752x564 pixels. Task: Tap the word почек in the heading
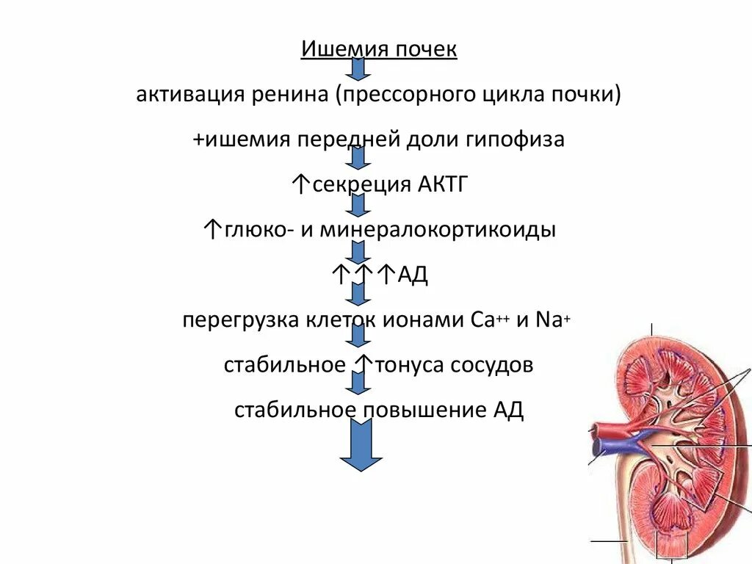click(x=427, y=51)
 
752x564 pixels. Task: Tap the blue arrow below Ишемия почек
click(x=358, y=68)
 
